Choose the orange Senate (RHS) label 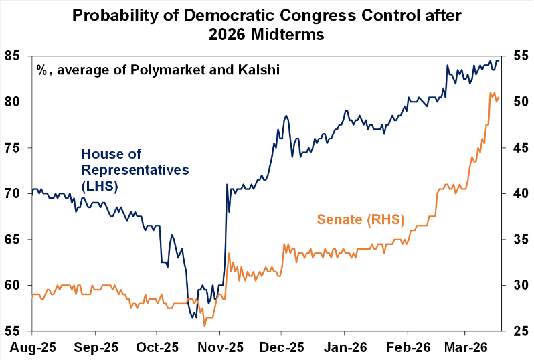click(357, 218)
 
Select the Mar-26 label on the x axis click(466, 347)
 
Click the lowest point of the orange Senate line click(204, 326)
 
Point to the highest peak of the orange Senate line click(491, 93)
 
